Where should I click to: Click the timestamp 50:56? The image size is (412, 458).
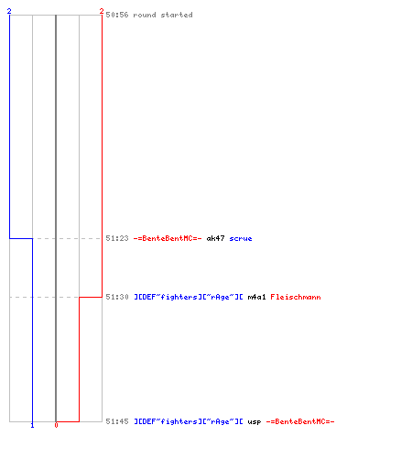[x=117, y=15]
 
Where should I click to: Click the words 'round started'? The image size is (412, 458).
[x=163, y=15]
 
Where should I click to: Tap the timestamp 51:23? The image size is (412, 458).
[x=117, y=238]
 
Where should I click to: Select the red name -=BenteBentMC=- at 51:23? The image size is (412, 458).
[x=168, y=238]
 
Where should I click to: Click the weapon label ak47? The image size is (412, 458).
[x=215, y=238]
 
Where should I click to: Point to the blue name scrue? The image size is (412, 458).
[x=241, y=238]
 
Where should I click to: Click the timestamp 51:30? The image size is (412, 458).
[x=117, y=297]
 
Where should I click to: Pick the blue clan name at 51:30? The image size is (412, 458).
[x=189, y=297]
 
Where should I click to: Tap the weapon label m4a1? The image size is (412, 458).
[x=256, y=297]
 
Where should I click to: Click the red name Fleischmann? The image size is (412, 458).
[x=296, y=297]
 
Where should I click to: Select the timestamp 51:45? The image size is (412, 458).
[x=117, y=421]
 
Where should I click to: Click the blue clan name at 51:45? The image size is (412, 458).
[x=189, y=421]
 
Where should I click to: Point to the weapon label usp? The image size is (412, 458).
[x=255, y=421]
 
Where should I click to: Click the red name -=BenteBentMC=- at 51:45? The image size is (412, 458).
[x=300, y=421]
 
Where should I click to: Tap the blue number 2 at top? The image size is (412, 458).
[x=9, y=11]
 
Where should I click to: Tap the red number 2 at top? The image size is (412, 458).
[x=102, y=11]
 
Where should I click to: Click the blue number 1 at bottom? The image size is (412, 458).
[x=32, y=425]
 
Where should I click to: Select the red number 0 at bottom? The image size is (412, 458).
[x=56, y=425]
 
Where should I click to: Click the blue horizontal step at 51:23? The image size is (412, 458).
[x=21, y=238]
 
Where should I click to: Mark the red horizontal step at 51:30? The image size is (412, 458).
[x=91, y=297]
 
